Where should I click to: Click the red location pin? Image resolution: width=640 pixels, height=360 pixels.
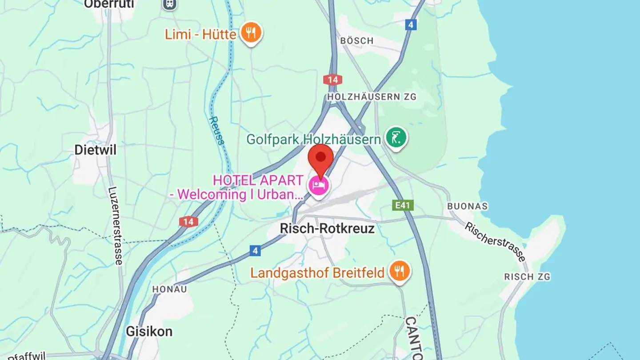(x=320, y=158)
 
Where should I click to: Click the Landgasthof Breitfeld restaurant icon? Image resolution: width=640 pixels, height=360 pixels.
(x=399, y=271)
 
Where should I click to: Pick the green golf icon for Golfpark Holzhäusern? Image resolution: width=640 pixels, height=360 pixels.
(x=396, y=138)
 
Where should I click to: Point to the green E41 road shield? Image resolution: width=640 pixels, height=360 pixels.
(x=403, y=205)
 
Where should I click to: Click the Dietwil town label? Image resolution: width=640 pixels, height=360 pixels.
(x=95, y=150)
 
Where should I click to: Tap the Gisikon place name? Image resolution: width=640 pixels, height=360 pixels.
(x=149, y=332)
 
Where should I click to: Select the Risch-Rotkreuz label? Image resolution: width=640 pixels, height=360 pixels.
(x=327, y=228)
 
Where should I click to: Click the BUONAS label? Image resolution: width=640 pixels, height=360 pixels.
(x=467, y=206)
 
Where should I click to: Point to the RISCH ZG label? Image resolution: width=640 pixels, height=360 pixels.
(x=527, y=277)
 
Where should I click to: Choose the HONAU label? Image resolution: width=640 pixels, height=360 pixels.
(x=169, y=289)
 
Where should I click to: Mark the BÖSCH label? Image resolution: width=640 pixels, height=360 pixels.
(x=356, y=41)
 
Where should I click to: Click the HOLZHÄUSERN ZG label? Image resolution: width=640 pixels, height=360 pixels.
(x=372, y=96)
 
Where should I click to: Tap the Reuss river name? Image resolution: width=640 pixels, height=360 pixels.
(x=217, y=130)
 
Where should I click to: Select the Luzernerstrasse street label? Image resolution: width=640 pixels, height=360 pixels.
(x=115, y=226)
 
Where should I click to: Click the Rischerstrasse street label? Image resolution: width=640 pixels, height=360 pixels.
(x=495, y=242)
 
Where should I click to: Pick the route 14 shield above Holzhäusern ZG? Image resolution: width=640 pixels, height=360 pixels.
(x=332, y=80)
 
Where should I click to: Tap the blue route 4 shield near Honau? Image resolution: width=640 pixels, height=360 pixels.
(x=255, y=251)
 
